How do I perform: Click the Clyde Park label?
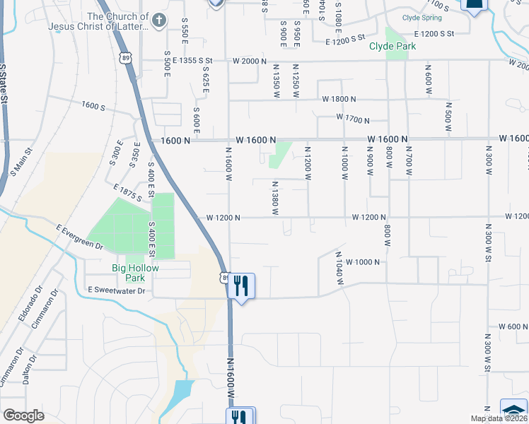pyautogui.click(x=393, y=46)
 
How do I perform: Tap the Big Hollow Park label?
pyautogui.click(x=135, y=273)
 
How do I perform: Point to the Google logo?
pyautogui.click(x=24, y=416)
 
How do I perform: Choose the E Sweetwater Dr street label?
pyautogui.click(x=116, y=290)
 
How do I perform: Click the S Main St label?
pyautogui.click(x=21, y=162)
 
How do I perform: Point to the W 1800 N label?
pyautogui.click(x=339, y=100)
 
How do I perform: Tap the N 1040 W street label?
pyautogui.click(x=339, y=269)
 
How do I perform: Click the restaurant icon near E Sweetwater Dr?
pyautogui.click(x=242, y=285)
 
